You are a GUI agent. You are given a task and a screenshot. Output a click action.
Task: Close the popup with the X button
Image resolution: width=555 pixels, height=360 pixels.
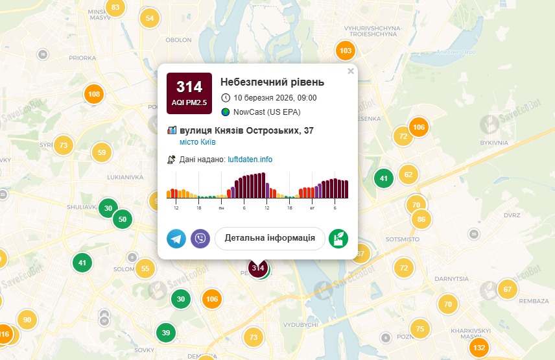point(351,71)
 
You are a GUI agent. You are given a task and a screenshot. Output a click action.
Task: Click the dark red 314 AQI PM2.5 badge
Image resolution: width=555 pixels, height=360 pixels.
point(189,93)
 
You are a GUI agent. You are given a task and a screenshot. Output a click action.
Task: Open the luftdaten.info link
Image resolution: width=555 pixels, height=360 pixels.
point(250,159)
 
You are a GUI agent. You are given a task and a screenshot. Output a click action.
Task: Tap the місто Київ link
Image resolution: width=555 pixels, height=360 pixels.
point(198,142)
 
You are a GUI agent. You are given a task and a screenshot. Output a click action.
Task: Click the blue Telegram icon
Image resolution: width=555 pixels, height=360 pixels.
point(176,239)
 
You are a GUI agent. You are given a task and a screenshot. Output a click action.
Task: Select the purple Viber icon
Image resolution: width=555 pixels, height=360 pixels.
point(200,239)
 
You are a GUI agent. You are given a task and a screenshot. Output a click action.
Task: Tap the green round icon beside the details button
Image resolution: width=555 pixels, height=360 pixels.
point(338,239)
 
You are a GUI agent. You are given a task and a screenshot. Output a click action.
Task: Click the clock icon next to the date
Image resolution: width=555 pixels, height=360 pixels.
point(226,98)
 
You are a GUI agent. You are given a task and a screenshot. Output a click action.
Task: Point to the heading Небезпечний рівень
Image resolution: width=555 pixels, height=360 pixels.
point(272,82)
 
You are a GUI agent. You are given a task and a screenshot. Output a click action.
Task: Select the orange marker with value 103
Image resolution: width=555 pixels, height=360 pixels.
point(346,51)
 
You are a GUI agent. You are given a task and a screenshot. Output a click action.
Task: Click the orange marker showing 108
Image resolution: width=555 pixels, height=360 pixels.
point(94,95)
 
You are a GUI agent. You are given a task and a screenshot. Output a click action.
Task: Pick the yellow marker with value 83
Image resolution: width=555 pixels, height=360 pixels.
point(115,8)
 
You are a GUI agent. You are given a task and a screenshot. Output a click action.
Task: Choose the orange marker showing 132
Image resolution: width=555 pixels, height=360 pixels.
point(479,348)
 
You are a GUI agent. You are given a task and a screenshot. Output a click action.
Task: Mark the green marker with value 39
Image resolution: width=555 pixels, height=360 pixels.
point(166,333)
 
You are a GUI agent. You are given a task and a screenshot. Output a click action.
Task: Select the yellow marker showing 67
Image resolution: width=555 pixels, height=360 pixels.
point(508,289)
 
